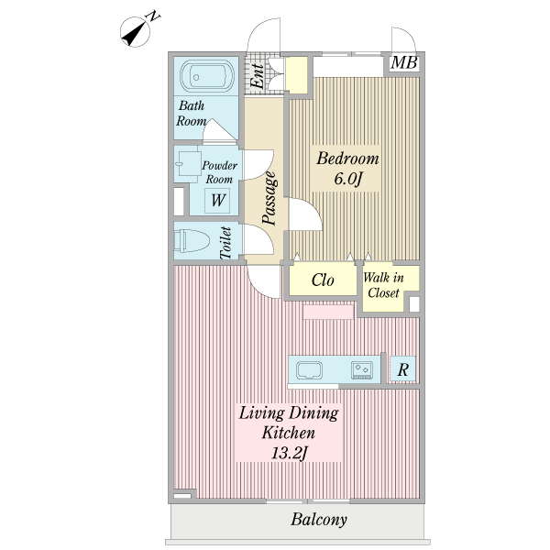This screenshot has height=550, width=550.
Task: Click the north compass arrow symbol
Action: coord(135,32)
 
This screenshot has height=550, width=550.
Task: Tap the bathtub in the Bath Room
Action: coord(207,76)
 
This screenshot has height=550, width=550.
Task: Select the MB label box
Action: coord(404,63)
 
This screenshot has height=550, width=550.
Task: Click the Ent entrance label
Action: coord(258,76)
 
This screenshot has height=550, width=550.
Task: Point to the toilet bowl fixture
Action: coord(192,240)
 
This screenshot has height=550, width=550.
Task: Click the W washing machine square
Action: coord(217,201)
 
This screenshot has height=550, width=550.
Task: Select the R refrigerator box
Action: coord(402,369)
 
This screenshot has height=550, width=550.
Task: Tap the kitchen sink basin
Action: coord(309,370)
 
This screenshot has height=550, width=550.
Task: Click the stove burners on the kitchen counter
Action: coord(362,370)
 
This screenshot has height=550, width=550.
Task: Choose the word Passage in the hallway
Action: coord(270,198)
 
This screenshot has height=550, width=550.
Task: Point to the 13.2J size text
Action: coord(289,453)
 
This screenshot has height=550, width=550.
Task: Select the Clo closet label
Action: coord(323,280)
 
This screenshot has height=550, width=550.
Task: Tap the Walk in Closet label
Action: coord(383,285)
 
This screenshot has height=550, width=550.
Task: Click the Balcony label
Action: coord(319,520)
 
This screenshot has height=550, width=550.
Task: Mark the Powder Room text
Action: coord(220,172)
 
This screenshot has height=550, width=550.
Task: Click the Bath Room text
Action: coord(192,114)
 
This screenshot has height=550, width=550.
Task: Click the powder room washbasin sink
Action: coord(188,164)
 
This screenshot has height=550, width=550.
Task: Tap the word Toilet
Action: coord(225,243)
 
